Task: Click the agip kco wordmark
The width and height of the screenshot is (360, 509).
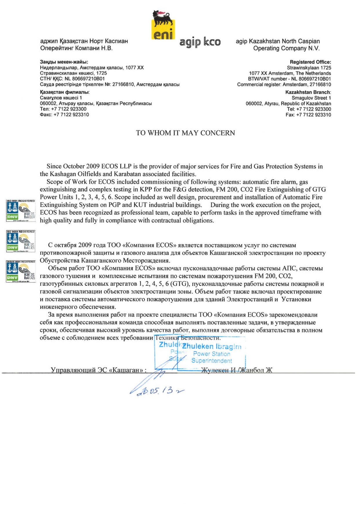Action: point(200,42)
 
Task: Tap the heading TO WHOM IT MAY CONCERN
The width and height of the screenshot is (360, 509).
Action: point(185,133)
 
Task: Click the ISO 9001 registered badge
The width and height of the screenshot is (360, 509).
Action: point(21,211)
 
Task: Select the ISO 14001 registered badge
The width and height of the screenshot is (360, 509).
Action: point(21,241)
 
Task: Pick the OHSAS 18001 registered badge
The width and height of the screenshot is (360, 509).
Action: point(21,271)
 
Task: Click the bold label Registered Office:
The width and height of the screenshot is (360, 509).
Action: point(310,62)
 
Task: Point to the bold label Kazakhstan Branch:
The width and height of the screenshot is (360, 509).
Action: point(308,92)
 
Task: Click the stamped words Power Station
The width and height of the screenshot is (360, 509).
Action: point(211,354)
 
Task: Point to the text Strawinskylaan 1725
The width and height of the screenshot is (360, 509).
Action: point(309,68)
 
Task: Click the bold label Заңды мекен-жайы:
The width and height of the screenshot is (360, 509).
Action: point(64,62)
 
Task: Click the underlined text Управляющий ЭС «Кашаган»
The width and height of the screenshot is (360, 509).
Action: point(98,370)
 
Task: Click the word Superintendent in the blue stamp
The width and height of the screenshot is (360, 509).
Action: point(211,361)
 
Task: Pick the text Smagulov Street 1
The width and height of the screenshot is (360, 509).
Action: point(311,98)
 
